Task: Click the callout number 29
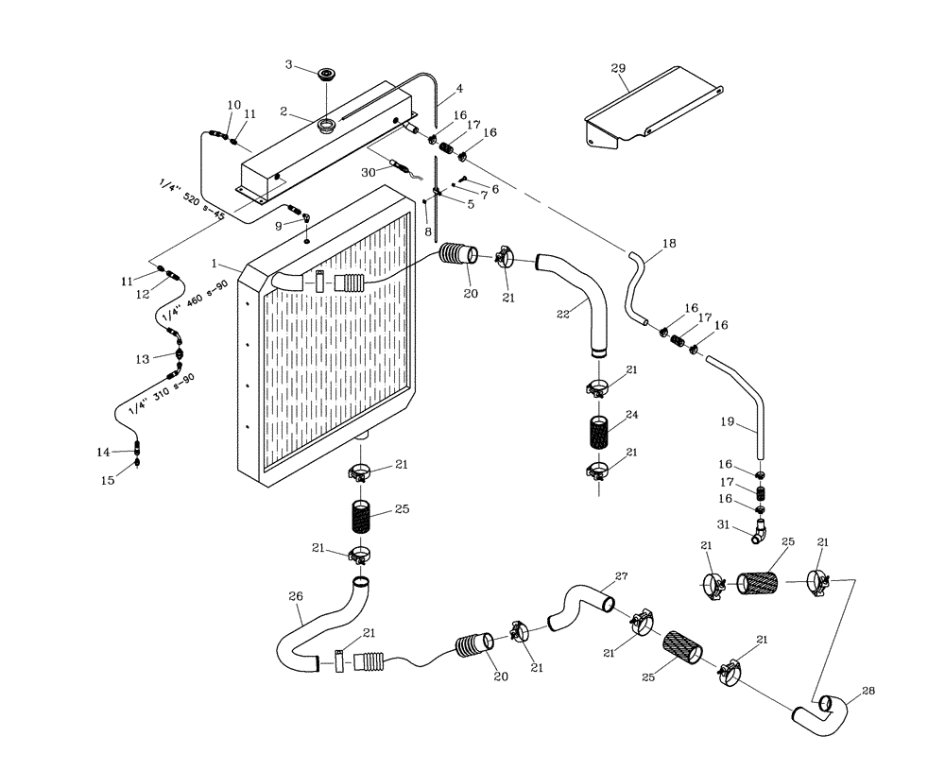(618, 69)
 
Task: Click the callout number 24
(632, 414)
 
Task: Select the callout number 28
(868, 691)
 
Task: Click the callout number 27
(621, 576)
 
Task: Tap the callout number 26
(295, 596)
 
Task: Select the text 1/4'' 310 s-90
(162, 394)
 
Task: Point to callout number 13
(142, 358)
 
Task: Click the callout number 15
(109, 480)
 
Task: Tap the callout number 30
(369, 172)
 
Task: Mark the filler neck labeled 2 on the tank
(326, 125)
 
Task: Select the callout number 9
(278, 225)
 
